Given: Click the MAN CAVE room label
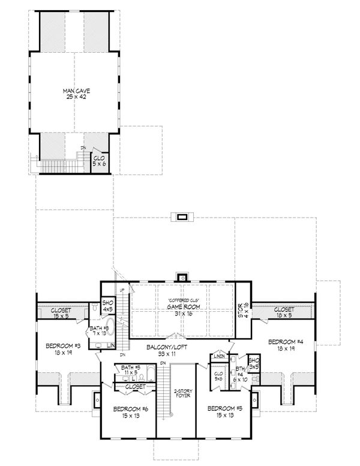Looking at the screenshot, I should [72, 91].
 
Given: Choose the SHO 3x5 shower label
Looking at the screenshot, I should [253, 363].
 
